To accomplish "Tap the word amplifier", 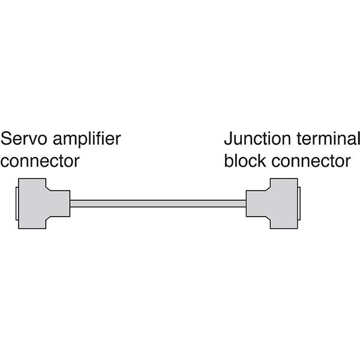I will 88,141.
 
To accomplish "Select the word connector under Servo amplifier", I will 40,161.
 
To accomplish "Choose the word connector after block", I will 310,161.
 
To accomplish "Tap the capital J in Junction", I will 228,140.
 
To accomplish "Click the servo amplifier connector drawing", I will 36,203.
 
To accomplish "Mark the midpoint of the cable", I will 158,203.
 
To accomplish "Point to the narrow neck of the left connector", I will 60,203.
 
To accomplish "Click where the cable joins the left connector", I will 70,203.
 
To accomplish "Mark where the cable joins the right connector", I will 246,203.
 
